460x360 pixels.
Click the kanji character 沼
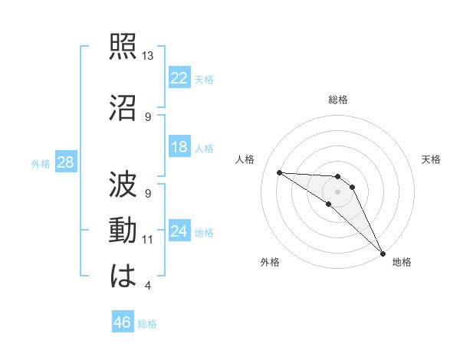point(123,106)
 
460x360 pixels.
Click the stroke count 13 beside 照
point(148,57)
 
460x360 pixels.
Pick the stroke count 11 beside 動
point(148,240)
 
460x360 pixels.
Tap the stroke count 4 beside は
point(147,286)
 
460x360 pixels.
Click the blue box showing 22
point(179,78)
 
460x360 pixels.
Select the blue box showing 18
point(179,147)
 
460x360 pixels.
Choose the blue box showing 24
point(179,231)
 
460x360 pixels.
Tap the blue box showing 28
point(65,162)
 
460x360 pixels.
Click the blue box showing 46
point(123,322)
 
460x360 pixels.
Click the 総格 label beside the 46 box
point(147,324)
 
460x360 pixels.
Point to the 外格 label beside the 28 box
point(41,164)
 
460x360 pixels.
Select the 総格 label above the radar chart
point(338,100)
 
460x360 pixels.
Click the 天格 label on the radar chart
point(431,159)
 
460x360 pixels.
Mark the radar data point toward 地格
point(382,253)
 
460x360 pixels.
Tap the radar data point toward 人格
point(279,172)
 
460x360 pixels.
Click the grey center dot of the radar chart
point(337,191)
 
